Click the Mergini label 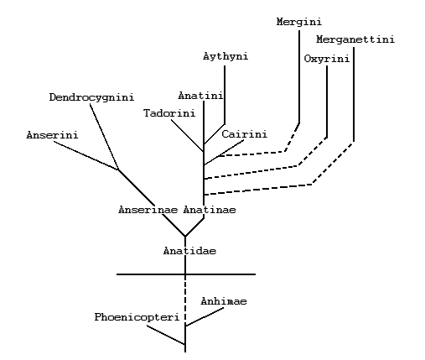pos(299,22)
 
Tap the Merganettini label pos(355,39)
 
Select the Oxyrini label pos(327,59)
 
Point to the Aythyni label pos(225,56)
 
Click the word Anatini pos(200,96)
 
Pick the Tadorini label pos(169,113)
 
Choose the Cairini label pos(245,134)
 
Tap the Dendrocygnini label pos(91,97)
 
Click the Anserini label pos(52,135)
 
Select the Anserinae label pos(148,210)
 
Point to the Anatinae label pos(210,210)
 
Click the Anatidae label pos(189,251)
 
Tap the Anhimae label pos(224,301)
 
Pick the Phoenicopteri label pos(137,317)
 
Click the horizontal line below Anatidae pos(186,274)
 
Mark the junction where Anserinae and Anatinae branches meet pos(185,237)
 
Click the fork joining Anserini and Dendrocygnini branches pos(118,170)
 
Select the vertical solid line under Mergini pos(299,76)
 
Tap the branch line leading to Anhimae pos(205,316)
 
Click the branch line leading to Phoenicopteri pos(166,335)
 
